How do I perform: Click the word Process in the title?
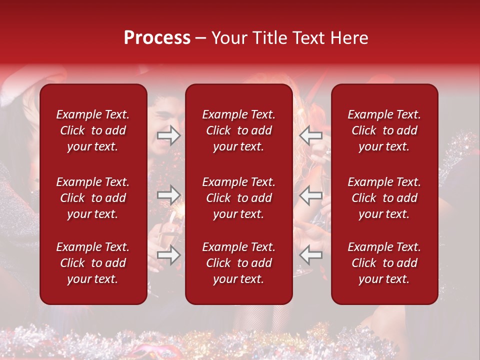coord(157,38)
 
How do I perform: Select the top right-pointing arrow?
coord(169,135)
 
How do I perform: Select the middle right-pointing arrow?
coord(169,194)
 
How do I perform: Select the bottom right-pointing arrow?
coord(169,255)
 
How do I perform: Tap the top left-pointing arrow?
coord(311,135)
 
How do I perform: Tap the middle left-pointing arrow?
coord(311,194)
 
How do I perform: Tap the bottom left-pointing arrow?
coord(311,255)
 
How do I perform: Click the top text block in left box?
coord(93,130)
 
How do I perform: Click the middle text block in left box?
coord(93,198)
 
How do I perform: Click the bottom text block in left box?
coord(93,263)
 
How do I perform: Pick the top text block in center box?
coord(238,130)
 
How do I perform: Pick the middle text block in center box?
coord(238,198)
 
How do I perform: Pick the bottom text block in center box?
coord(238,263)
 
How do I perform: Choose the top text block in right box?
coord(384,130)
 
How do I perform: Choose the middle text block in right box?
coord(384,198)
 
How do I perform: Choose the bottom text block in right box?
coord(384,263)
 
